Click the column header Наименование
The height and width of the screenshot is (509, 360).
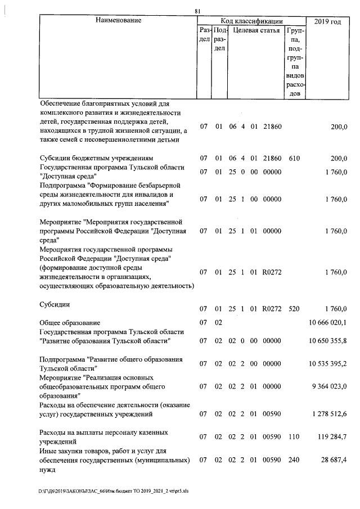click(x=118, y=21)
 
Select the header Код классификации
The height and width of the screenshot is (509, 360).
click(x=251, y=21)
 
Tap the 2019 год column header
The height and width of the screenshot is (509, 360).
click(x=327, y=21)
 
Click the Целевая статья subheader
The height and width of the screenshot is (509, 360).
click(x=256, y=30)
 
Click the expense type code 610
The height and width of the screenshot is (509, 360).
click(x=294, y=158)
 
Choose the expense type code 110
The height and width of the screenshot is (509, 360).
click(x=294, y=437)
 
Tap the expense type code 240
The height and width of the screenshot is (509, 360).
click(x=294, y=460)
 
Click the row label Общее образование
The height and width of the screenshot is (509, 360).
click(x=70, y=323)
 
